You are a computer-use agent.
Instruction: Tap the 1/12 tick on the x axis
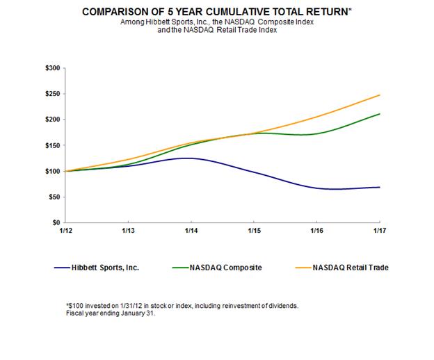tap(64, 230)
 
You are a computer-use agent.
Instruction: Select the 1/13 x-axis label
tap(127, 230)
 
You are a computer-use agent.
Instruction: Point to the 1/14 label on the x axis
tap(191, 230)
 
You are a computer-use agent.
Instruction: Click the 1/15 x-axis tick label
tap(254, 230)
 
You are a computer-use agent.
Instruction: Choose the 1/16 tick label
tap(316, 230)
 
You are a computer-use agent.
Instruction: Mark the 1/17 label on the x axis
tap(380, 230)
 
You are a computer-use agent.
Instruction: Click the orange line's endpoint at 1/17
tap(380, 95)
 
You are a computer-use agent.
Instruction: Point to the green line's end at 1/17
tap(380, 114)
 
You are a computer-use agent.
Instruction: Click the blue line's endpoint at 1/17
tap(380, 187)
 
